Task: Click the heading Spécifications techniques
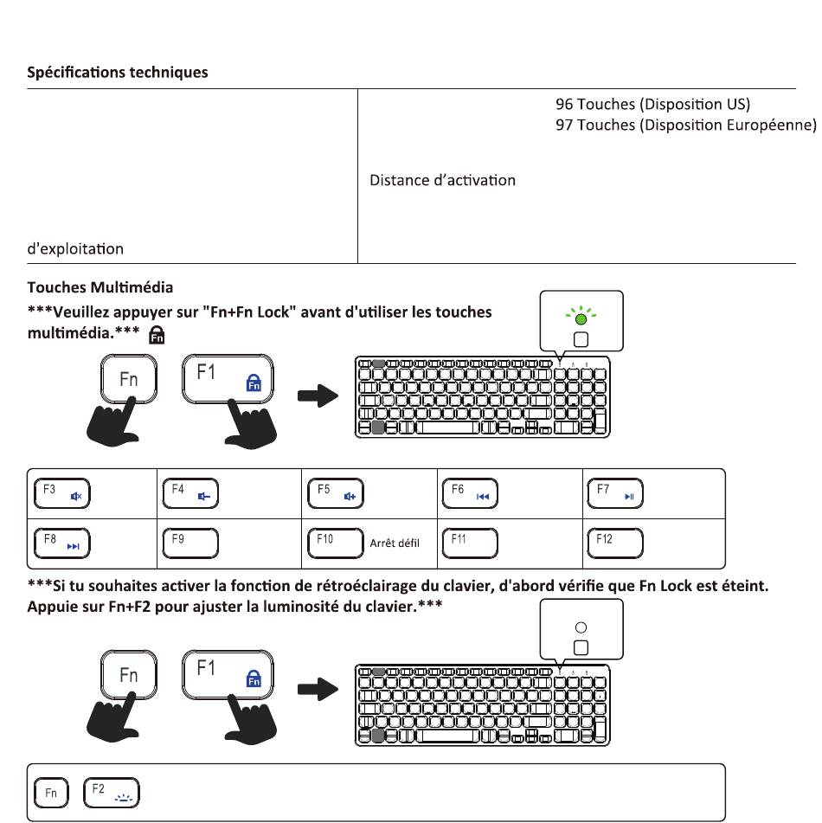coord(118,72)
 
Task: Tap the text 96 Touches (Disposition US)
coord(653,104)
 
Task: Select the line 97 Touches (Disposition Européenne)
coord(686,125)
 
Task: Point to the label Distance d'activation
coord(442,180)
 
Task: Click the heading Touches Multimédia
coord(100,287)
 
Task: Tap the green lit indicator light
coord(581,318)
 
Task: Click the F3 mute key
coord(62,493)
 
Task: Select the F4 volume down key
coord(190,493)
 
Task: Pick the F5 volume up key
coord(336,493)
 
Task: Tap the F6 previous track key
coord(470,493)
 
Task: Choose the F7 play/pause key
coord(615,493)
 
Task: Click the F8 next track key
coord(62,543)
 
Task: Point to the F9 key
coord(190,543)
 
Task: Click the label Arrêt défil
coord(395,543)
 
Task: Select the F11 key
coord(470,543)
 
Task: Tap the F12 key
coord(615,543)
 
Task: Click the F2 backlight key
coord(112,793)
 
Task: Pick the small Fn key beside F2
coord(51,793)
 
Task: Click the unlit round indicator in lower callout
coord(581,627)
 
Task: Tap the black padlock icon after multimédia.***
coord(157,335)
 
